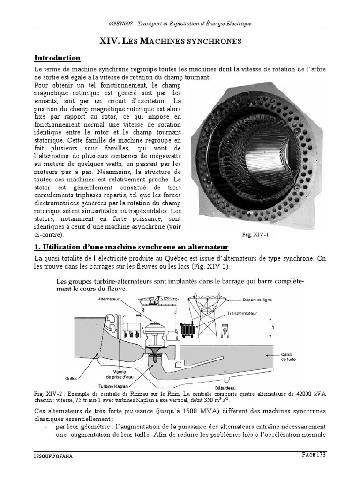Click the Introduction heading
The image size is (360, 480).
click(58, 58)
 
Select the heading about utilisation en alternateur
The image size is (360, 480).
click(131, 247)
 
